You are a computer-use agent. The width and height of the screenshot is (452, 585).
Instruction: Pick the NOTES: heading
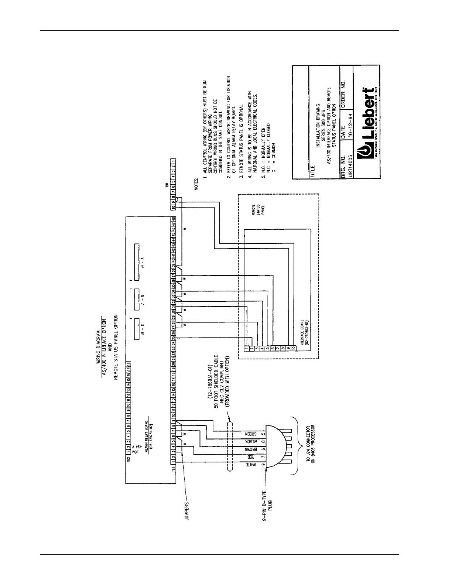point(196,184)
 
